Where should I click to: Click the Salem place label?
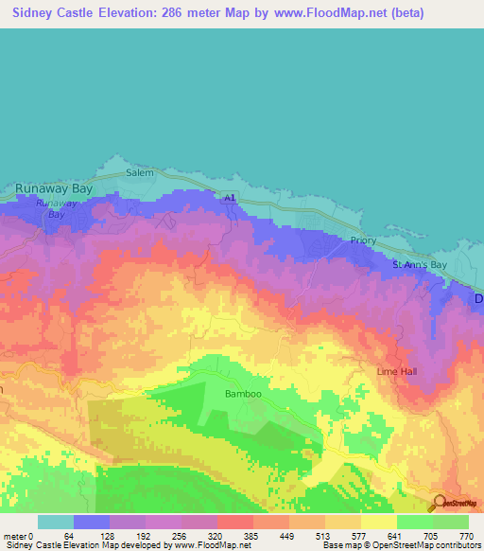pyautogui.click(x=140, y=172)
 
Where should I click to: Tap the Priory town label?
pyautogui.click(x=363, y=240)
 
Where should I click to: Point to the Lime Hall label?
pyautogui.click(x=396, y=371)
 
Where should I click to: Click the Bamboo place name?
pyautogui.click(x=241, y=393)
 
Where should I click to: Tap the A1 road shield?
pyautogui.click(x=229, y=197)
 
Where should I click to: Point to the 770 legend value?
pyautogui.click(x=466, y=535)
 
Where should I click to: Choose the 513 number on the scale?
pyautogui.click(x=324, y=535)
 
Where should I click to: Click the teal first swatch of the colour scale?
pyautogui.click(x=56, y=522)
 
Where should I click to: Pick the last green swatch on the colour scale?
pyautogui.click(x=450, y=522)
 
